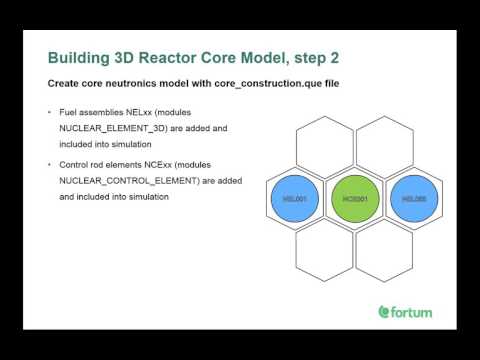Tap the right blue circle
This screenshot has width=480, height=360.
(x=412, y=199)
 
